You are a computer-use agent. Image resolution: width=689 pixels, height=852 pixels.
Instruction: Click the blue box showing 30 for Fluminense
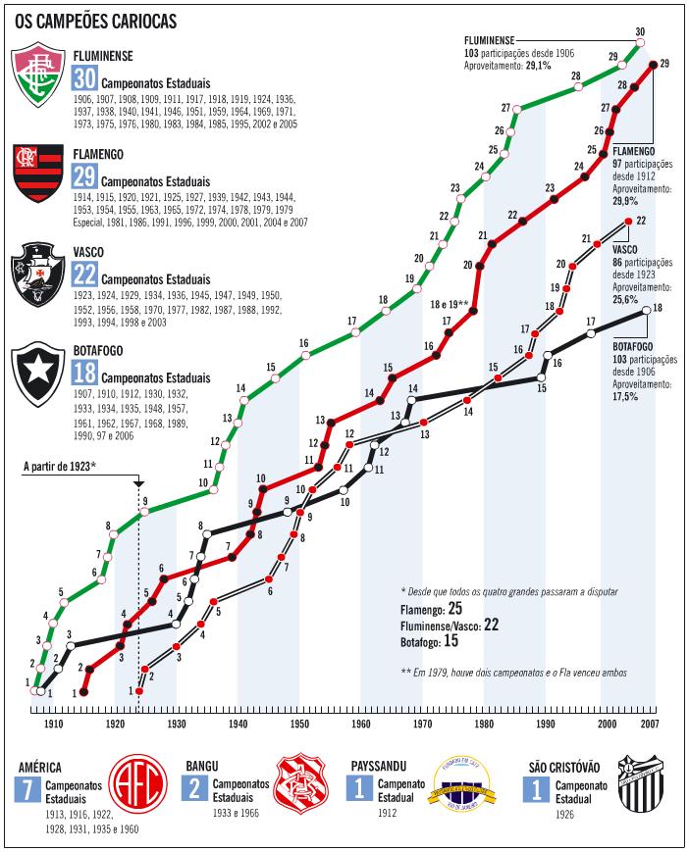(x=84, y=81)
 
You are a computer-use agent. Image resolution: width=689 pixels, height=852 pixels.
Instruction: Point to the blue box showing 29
(x=84, y=177)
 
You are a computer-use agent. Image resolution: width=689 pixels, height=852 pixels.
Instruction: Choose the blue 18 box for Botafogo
(x=84, y=372)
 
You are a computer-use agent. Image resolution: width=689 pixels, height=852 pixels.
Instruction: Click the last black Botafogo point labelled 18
(x=646, y=311)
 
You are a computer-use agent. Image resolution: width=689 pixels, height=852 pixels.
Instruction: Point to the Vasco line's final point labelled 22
(x=629, y=223)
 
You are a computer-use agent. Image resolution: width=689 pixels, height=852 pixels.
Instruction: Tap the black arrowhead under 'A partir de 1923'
(x=138, y=484)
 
